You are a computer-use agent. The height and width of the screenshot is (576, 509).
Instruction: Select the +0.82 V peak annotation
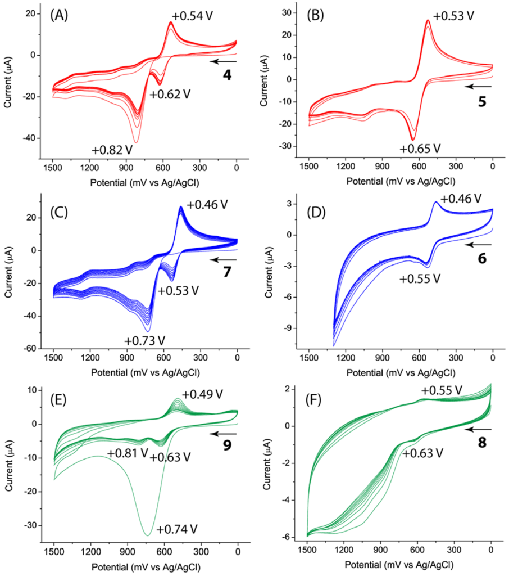tap(117, 149)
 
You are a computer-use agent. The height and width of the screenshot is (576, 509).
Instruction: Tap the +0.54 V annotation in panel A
tap(192, 16)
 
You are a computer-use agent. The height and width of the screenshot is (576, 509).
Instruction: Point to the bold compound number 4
tap(227, 74)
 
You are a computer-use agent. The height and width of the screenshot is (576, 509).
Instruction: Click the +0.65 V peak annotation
tap(420, 148)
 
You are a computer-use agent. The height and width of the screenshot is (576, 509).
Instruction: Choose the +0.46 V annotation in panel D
tap(461, 199)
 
